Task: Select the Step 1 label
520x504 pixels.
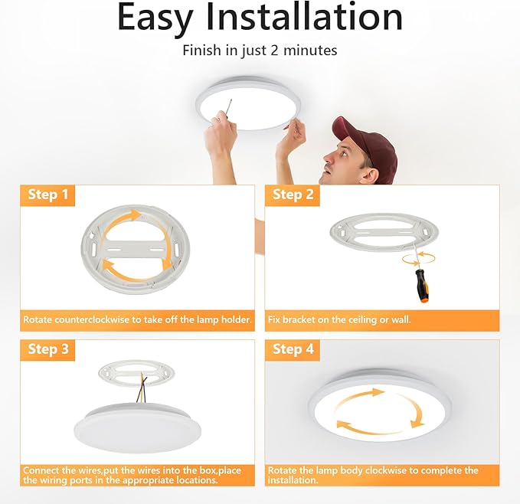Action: tap(48, 195)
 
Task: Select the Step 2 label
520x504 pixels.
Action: tap(293, 195)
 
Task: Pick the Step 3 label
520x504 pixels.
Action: tap(48, 350)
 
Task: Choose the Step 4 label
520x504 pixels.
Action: tap(293, 350)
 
